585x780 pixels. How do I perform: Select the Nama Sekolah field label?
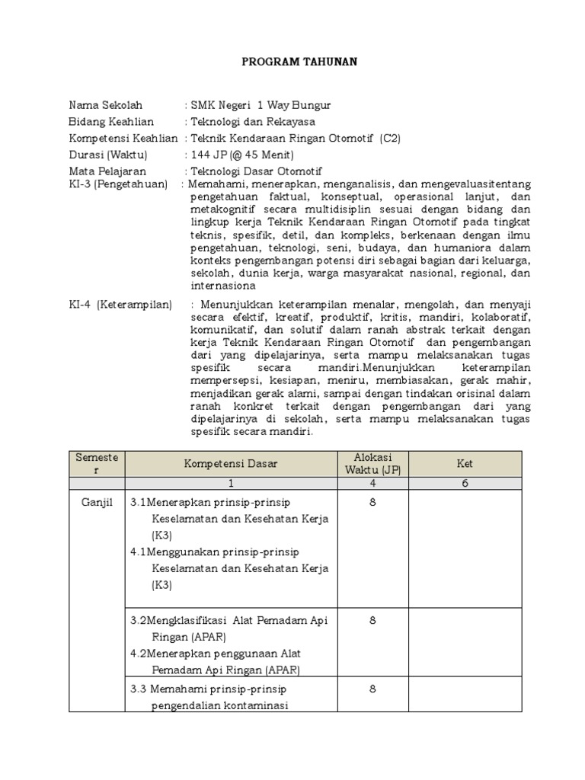tap(105, 105)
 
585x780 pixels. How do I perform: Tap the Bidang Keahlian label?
tap(111, 122)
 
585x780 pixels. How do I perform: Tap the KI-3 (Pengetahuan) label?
tap(118, 184)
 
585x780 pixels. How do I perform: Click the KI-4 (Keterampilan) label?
tap(120, 305)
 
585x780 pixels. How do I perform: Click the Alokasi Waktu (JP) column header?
tap(372, 463)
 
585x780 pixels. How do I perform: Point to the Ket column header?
tap(465, 463)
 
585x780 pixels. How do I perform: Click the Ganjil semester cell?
tap(96, 503)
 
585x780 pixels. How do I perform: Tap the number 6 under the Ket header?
tap(465, 483)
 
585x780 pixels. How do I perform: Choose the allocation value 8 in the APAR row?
tap(372, 621)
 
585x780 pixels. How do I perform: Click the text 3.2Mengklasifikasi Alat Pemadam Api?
tap(229, 621)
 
